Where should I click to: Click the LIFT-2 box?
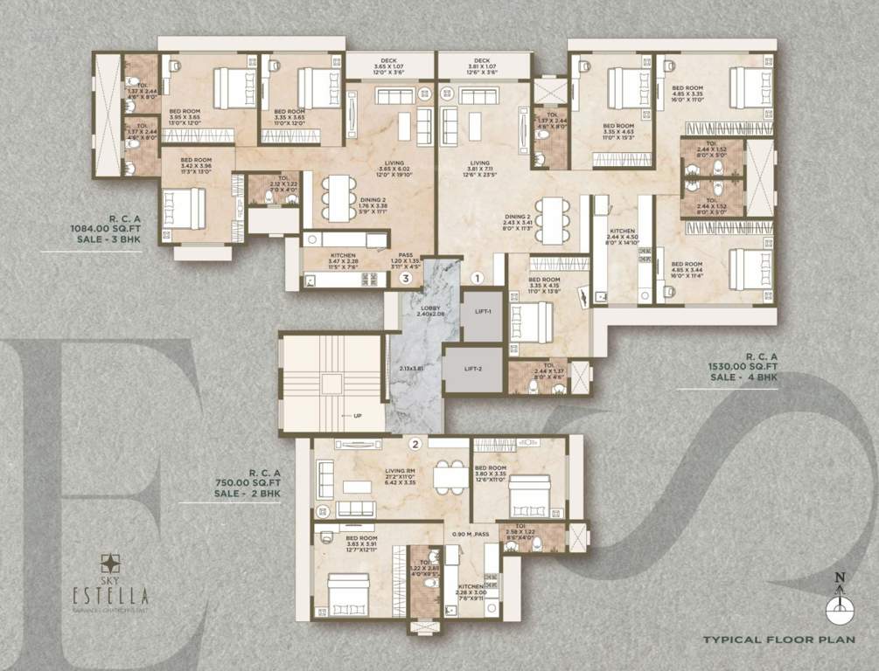[x=472, y=368]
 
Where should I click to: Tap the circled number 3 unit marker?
[x=404, y=279]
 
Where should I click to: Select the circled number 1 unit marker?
[x=478, y=278]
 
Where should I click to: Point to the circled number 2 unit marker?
[x=415, y=444]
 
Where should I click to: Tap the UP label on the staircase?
[x=356, y=416]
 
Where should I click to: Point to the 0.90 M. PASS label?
[x=471, y=533]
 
